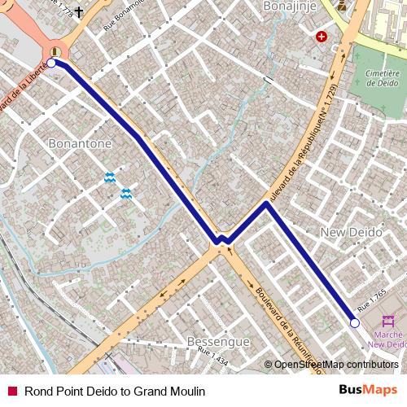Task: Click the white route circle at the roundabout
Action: (51, 62)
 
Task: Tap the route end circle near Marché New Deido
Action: (354, 323)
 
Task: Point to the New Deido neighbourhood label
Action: (352, 232)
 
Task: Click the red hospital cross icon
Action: (322, 37)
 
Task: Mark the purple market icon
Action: (386, 320)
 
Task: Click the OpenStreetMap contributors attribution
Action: (335, 364)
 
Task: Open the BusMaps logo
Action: (368, 391)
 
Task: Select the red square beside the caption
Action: (11, 391)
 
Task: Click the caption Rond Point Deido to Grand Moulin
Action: (115, 391)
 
